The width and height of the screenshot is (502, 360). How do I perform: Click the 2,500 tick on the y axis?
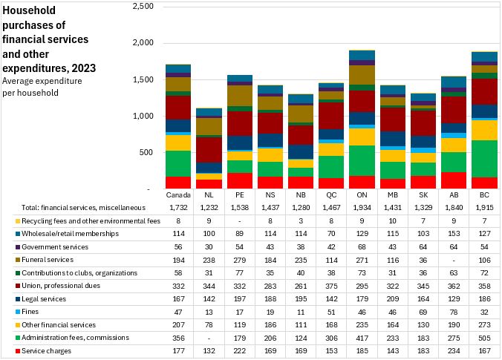click(143, 7)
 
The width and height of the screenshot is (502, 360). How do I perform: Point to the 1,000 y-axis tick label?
click(143, 117)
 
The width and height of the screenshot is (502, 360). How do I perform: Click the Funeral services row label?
click(48, 260)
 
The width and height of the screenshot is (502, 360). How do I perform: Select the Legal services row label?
click(44, 298)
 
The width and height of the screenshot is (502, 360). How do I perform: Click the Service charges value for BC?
click(486, 350)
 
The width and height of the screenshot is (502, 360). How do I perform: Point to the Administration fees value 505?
click(486, 338)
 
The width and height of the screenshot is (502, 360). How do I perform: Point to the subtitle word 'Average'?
click(19, 81)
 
